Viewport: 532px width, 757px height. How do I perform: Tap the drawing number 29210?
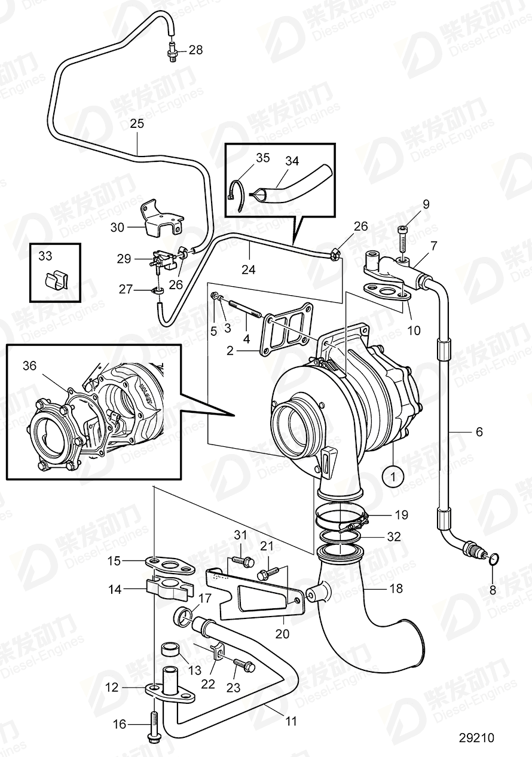(477, 738)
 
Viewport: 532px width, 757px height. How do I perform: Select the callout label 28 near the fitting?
(195, 50)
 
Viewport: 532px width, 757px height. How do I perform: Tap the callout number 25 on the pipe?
(137, 125)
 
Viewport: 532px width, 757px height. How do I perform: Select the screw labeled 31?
(241, 561)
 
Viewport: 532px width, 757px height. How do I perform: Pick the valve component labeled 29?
(159, 260)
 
